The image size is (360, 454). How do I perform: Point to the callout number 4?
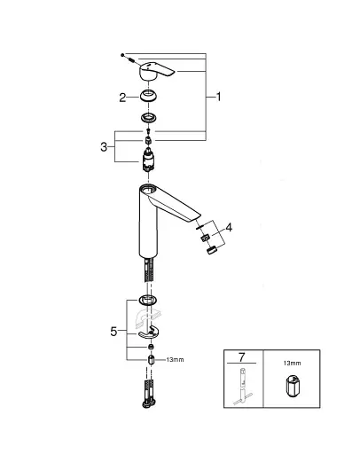point(229,227)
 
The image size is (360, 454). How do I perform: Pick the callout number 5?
point(113,332)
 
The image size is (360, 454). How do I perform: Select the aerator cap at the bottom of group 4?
point(209,250)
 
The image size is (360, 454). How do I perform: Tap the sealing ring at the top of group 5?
point(149,301)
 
